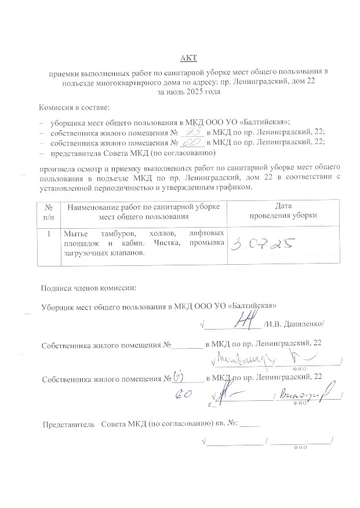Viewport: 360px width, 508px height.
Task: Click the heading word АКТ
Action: [x=188, y=57]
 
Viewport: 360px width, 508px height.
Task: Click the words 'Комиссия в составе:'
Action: [x=74, y=108]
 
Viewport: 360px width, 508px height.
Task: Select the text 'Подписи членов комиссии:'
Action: [x=89, y=288]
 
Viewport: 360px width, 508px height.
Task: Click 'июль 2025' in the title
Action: [x=184, y=92]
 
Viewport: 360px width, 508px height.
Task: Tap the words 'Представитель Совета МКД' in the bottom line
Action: [x=94, y=424]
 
